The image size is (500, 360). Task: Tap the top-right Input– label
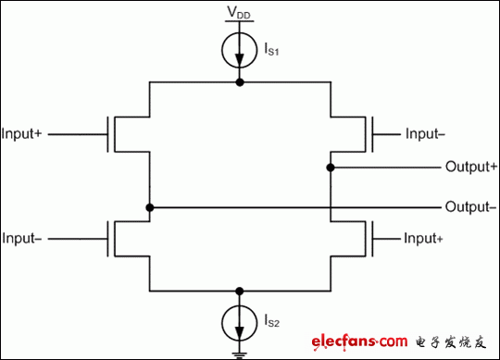click(425, 133)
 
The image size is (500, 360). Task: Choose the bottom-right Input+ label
click(425, 239)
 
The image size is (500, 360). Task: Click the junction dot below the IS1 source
click(240, 82)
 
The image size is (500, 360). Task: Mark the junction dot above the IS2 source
click(240, 289)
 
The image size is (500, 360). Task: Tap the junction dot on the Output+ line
click(331, 168)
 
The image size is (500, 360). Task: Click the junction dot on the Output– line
click(149, 205)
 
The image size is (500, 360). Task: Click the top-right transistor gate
click(370, 134)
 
